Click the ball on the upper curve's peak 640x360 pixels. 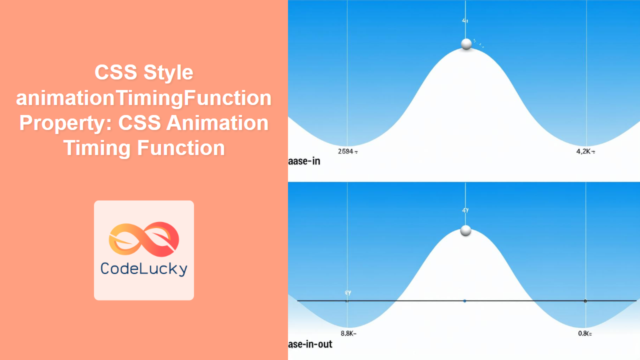[466, 44]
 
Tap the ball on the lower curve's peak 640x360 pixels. [465, 230]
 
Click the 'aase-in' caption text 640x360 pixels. [304, 161]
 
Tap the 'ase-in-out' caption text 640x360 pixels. [310, 344]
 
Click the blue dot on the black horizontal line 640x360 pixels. [464, 300]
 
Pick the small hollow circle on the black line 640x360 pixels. [585, 300]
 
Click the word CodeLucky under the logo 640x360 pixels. [143, 268]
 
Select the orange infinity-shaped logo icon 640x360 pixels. [143, 237]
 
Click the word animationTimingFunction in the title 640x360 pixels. [143, 98]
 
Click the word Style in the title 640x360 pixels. [168, 73]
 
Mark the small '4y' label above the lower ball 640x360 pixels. [465, 210]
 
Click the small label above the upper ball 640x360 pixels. [464, 21]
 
